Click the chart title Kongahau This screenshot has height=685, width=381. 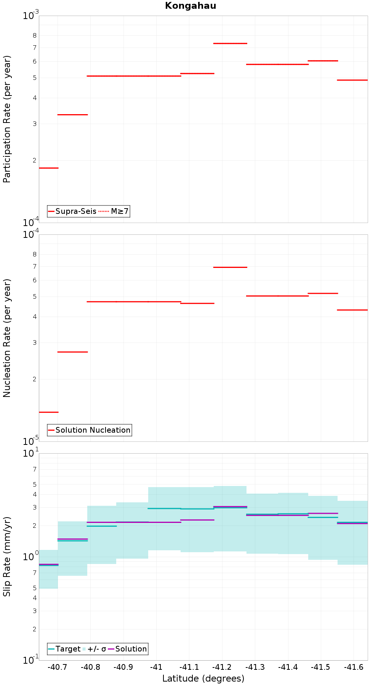coord(190,6)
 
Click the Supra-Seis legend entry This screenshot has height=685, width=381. coord(72,211)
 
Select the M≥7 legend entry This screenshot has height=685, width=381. coord(114,211)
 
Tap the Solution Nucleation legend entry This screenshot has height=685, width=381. coord(90,430)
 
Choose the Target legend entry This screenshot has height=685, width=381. coord(64,649)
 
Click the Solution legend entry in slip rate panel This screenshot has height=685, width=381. coord(128,649)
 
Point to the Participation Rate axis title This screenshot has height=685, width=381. coord(7,119)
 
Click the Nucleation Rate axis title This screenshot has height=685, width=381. coord(7,338)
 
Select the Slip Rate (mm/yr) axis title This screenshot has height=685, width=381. coord(7,557)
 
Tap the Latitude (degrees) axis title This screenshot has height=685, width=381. coord(203,678)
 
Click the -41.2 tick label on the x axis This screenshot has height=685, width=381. coord(222,667)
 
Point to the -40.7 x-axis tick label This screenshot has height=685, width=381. coord(58,667)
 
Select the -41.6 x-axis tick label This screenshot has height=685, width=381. coord(354,667)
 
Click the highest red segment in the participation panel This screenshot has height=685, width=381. coord(230,43)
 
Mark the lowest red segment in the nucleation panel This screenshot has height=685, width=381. coord(49,412)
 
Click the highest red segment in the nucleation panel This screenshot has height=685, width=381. coord(230,267)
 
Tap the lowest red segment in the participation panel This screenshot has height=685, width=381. coord(49,168)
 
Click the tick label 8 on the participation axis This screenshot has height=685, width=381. coord(35,35)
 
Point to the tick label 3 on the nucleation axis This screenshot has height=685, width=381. coord(35,342)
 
